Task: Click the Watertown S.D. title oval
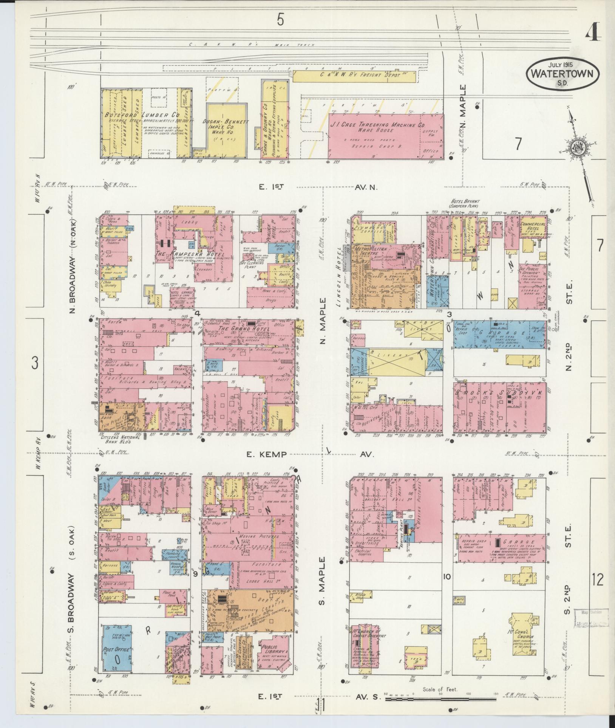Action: [562, 73]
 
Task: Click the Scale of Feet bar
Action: [440, 699]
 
